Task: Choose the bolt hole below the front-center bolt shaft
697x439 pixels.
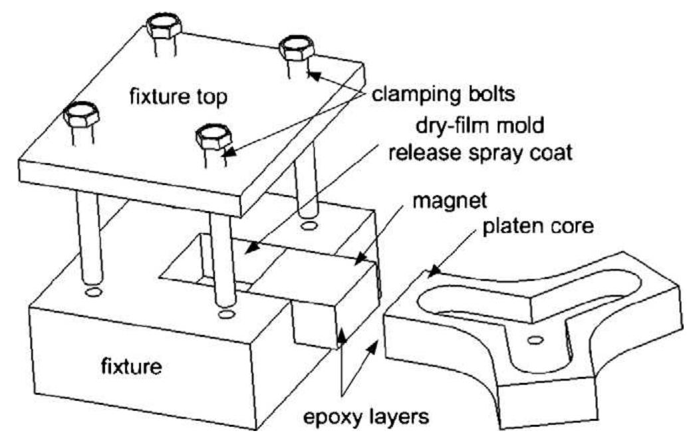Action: (226, 314)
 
